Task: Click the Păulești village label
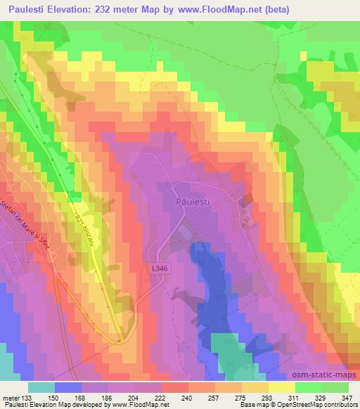click(x=192, y=201)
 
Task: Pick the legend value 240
click(x=186, y=397)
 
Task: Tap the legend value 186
click(x=106, y=397)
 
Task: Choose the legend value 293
click(x=267, y=397)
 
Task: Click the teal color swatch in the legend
click(x=41, y=387)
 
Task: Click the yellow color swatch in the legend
click(x=282, y=387)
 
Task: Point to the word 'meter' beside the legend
click(x=9, y=397)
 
